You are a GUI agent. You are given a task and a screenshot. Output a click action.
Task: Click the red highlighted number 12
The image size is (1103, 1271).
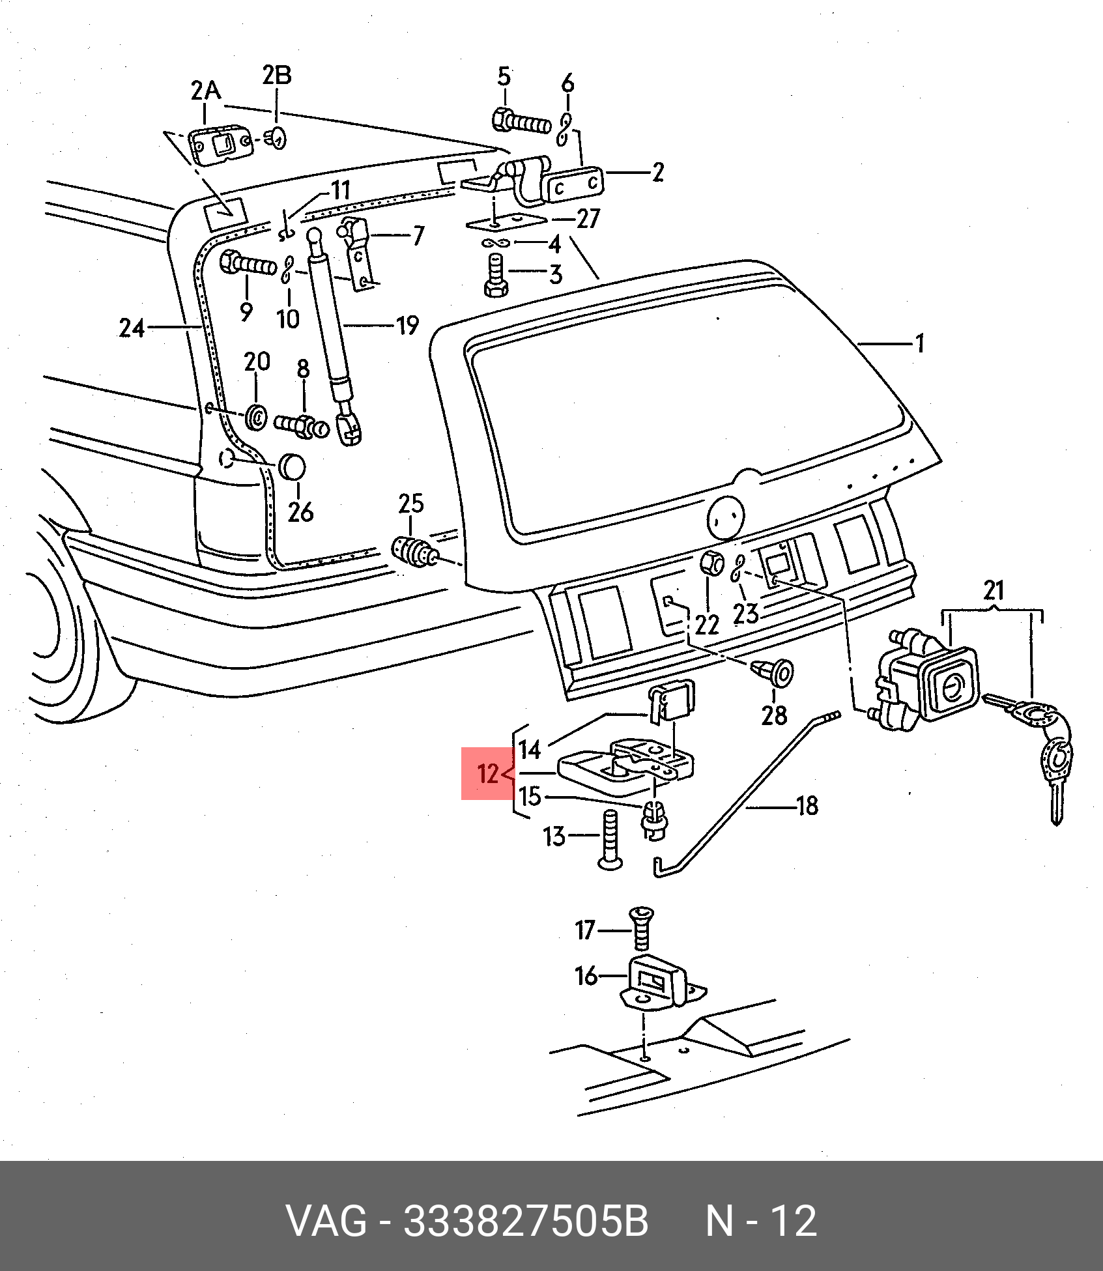point(487,773)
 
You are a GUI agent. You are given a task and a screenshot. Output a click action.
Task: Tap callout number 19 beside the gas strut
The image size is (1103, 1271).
point(407,325)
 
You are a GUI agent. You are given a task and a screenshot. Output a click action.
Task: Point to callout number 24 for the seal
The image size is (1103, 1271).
point(131,328)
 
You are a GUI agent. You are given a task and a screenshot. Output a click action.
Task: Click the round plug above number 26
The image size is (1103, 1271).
point(291,467)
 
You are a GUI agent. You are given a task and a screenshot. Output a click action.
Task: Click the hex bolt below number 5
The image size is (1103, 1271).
point(522,122)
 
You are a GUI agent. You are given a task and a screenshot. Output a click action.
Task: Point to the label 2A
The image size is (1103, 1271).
point(206,91)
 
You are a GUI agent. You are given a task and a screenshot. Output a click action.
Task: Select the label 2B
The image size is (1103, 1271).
point(277,75)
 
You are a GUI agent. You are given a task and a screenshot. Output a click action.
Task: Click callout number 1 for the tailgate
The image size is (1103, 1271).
point(920,343)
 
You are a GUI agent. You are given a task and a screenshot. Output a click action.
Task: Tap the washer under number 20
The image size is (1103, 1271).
point(256,416)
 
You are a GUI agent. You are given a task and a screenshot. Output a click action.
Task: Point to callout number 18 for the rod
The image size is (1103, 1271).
point(807,806)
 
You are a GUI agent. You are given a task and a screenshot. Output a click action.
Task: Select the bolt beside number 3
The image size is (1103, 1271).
point(495,276)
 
